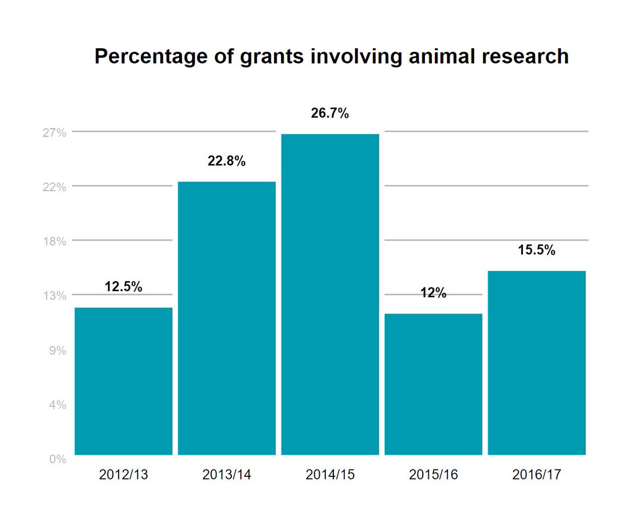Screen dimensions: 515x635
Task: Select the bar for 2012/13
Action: tap(123, 381)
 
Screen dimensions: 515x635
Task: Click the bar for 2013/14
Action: tap(226, 318)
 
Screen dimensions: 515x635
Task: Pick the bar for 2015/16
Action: tap(433, 384)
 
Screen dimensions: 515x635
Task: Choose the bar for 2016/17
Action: tap(537, 363)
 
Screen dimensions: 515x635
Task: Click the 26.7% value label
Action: tap(330, 113)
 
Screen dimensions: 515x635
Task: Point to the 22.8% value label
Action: tap(226, 161)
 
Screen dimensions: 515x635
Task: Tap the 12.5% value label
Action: tap(123, 287)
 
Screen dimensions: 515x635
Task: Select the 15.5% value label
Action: tap(537, 250)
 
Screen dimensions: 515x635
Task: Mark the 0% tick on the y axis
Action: tap(57, 459)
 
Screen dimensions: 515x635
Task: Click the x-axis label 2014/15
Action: tap(330, 475)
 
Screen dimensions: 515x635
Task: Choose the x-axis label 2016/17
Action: tap(537, 475)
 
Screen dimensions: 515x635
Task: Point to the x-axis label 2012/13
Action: tap(123, 475)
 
